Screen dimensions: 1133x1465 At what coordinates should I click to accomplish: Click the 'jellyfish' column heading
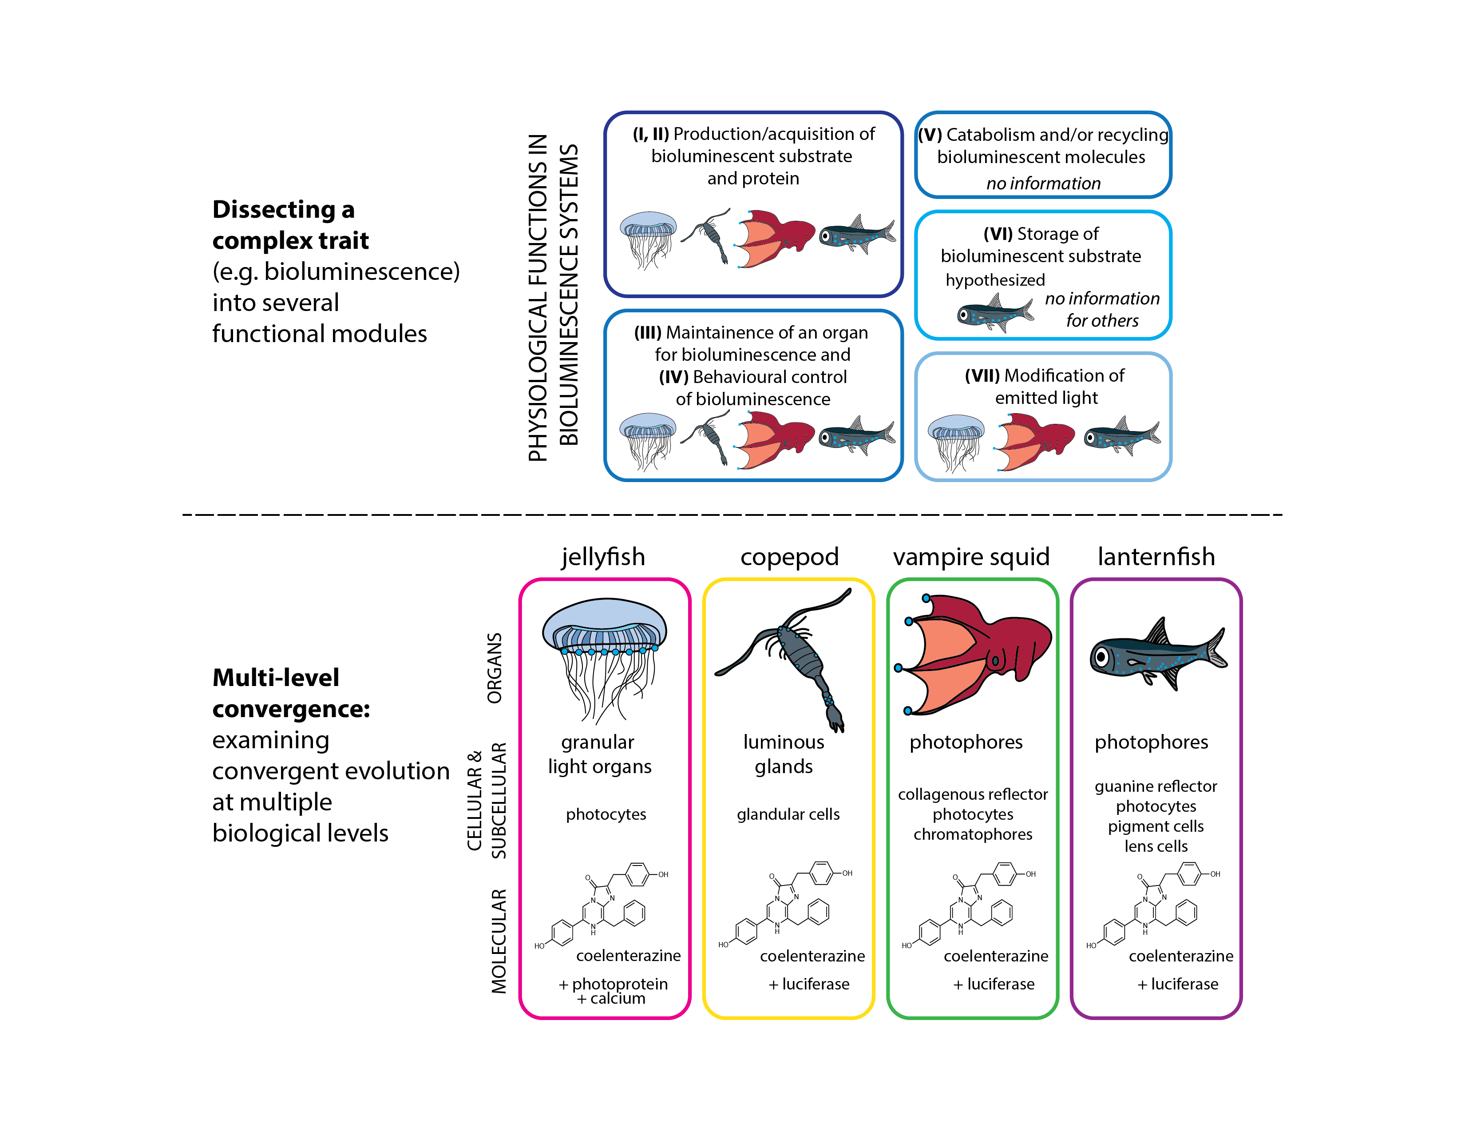(603, 556)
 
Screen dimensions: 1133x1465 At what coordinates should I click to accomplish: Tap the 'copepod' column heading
(789, 556)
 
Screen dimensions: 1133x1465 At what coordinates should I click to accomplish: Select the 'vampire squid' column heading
(970, 556)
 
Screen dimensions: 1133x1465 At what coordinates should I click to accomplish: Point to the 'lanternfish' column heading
(1156, 556)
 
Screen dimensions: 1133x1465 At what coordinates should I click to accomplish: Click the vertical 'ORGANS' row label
(495, 668)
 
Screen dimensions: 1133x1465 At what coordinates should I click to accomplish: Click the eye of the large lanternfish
(1101, 656)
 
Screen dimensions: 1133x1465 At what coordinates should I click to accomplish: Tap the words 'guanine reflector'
(1155, 786)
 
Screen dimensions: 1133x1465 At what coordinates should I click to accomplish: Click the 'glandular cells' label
(788, 814)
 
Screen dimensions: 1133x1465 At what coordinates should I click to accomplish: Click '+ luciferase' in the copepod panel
(808, 984)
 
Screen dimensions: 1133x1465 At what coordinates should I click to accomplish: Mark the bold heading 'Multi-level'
(276, 677)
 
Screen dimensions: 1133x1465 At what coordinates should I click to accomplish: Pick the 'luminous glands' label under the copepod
(784, 754)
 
